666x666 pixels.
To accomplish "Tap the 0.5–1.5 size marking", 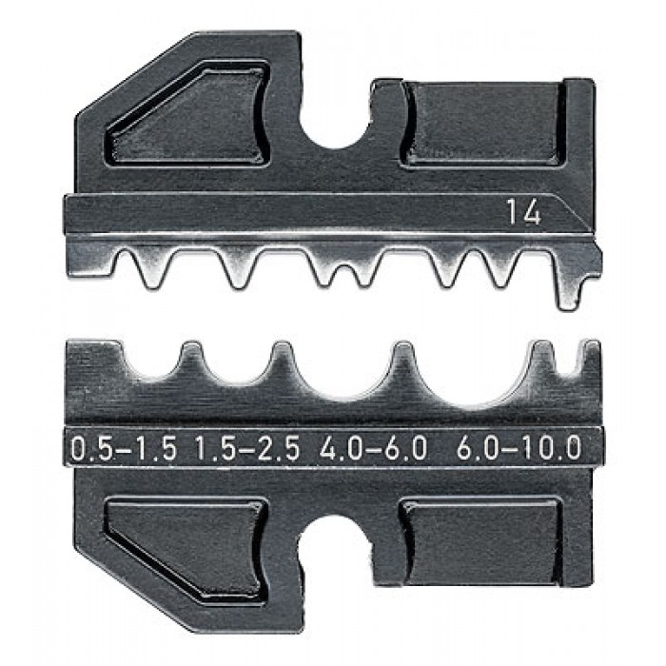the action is tap(124, 449).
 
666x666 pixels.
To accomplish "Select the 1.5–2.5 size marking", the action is tap(247, 449).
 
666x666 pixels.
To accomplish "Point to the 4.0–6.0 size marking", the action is tap(373, 449).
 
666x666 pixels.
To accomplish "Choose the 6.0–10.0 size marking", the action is tap(519, 449).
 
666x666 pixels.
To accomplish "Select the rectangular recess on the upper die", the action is tap(483, 123).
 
